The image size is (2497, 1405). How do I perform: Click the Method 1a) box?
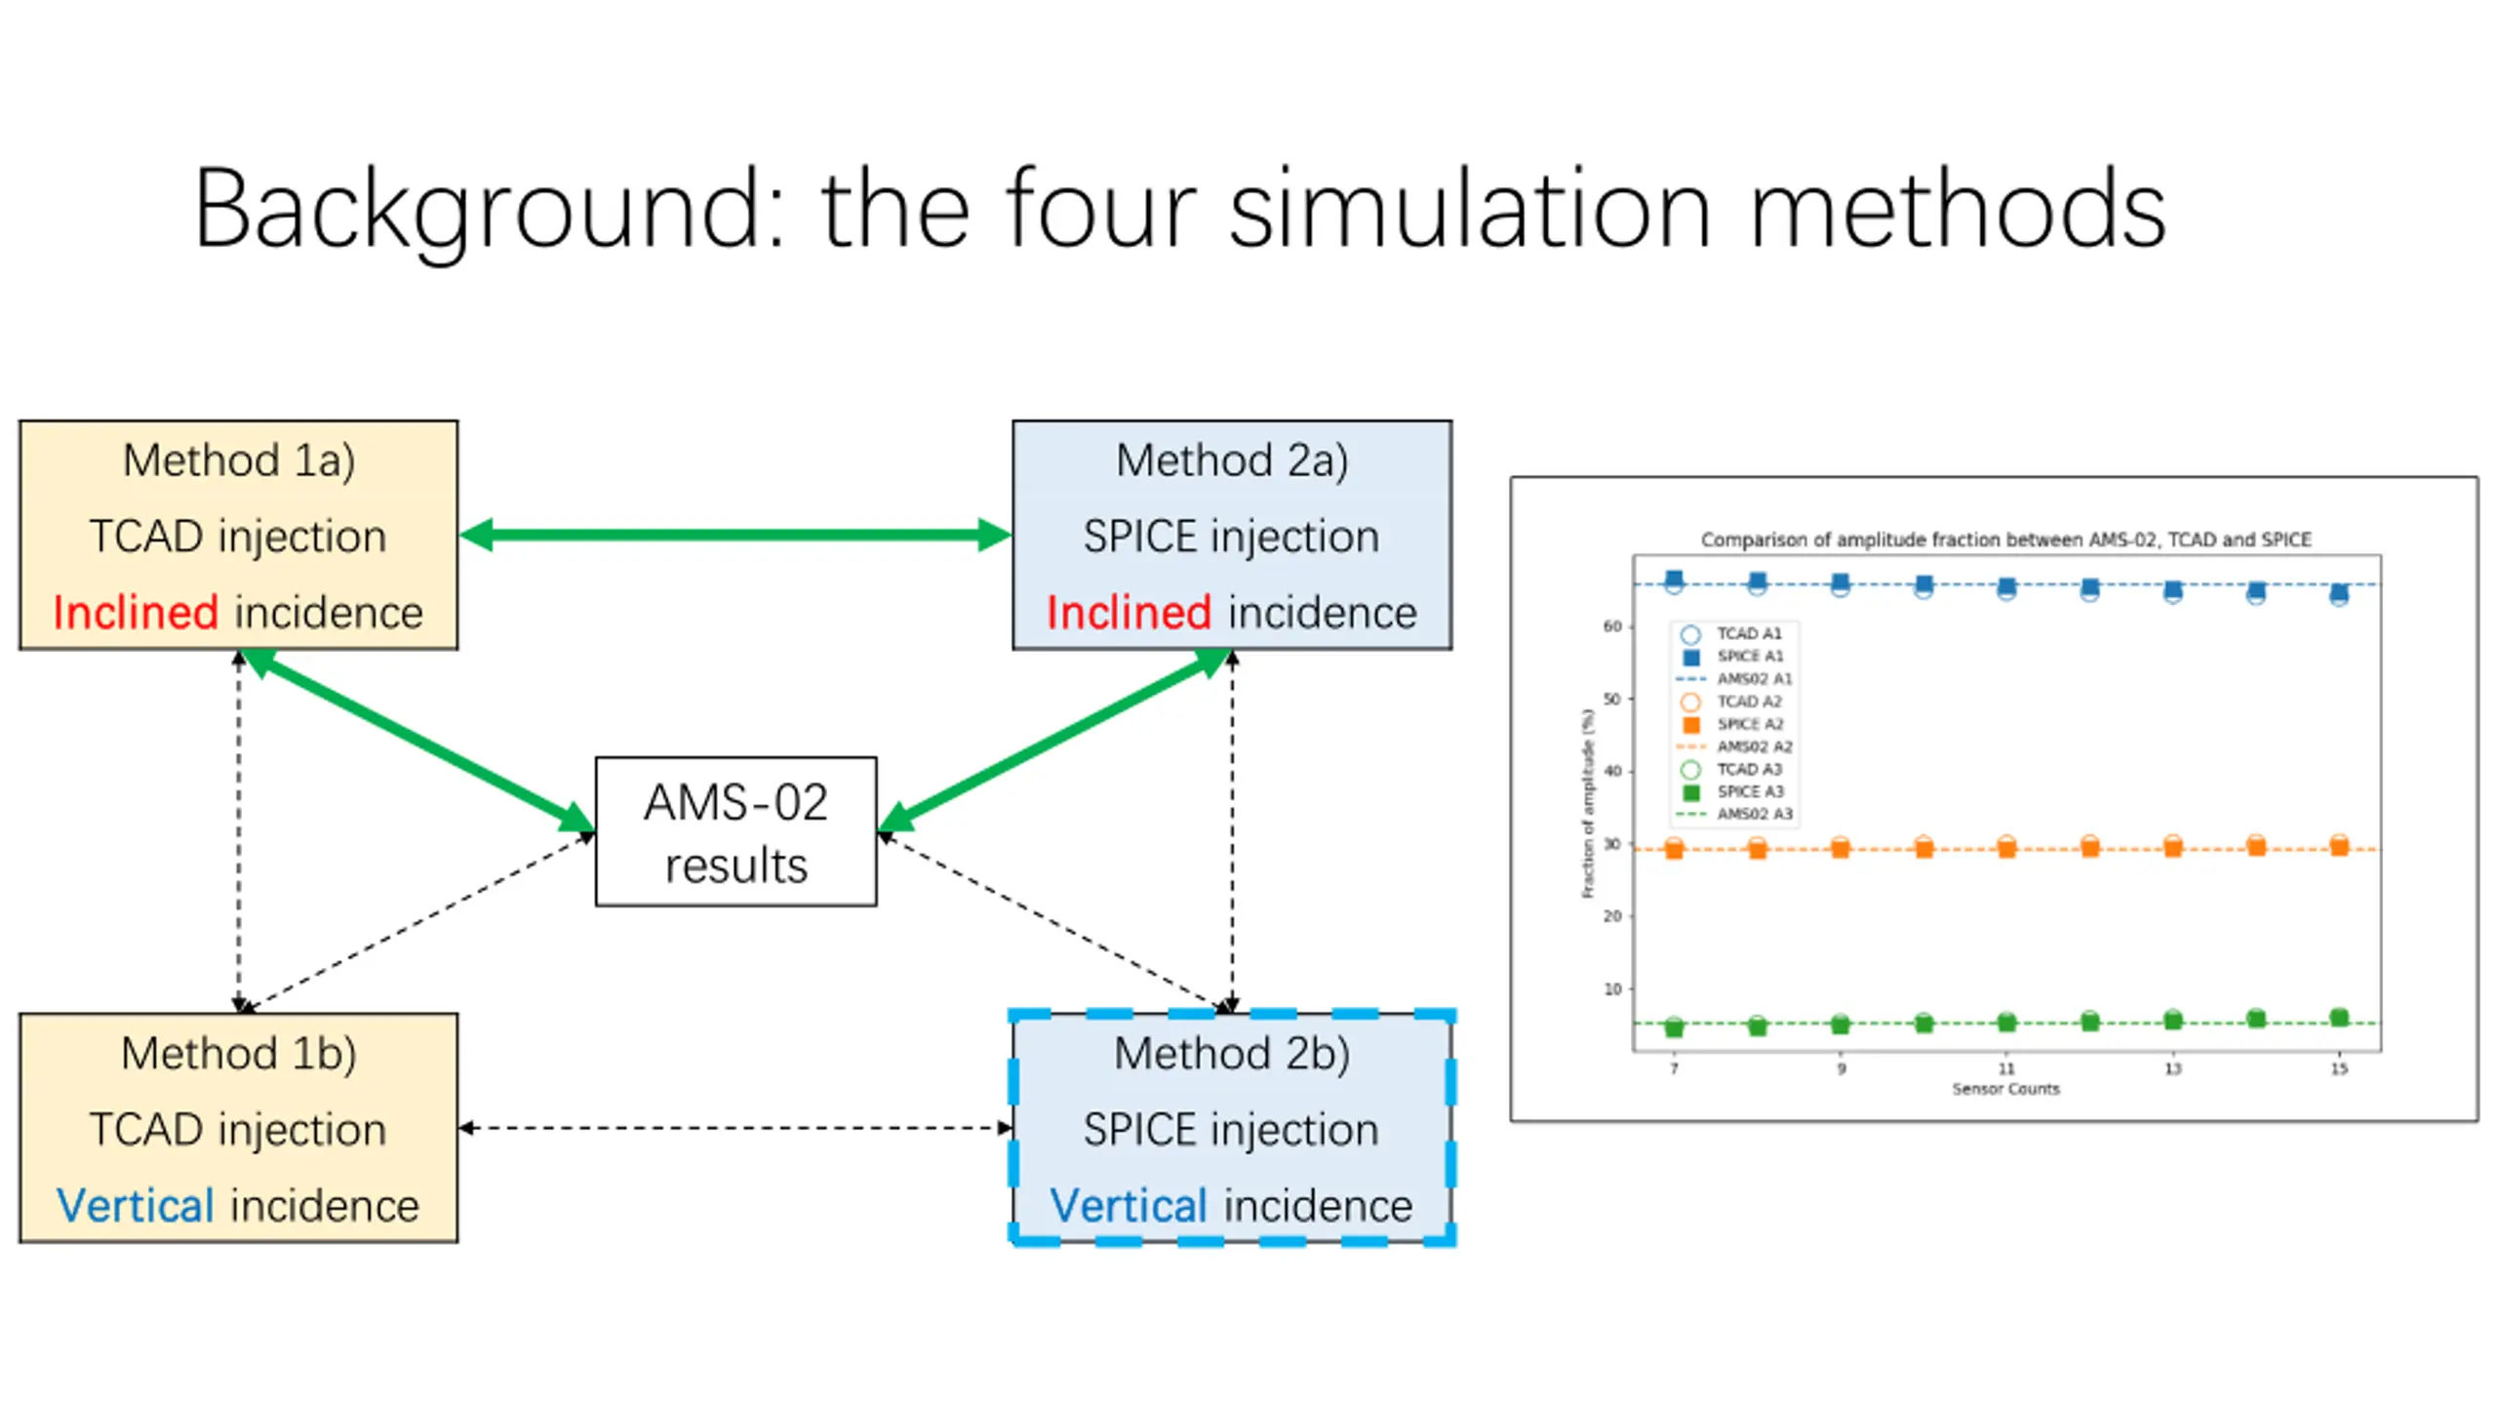pyautogui.click(x=238, y=535)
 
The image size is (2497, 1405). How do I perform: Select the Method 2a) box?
pyautogui.click(x=1232, y=535)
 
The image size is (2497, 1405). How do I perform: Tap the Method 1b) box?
pyautogui.click(x=238, y=1127)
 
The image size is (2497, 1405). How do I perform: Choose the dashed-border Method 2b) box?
pyautogui.click(x=1232, y=1128)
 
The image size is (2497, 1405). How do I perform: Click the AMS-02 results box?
pyautogui.click(x=735, y=831)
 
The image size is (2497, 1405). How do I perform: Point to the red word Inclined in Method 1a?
pyautogui.click(x=136, y=613)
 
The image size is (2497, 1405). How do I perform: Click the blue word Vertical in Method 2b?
pyautogui.click(x=1129, y=1206)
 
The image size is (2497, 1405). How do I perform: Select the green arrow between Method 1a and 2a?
pyautogui.click(x=735, y=535)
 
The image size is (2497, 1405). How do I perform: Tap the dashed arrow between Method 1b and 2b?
pyautogui.click(x=735, y=1128)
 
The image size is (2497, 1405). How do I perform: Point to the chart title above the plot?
pyautogui.click(x=2005, y=540)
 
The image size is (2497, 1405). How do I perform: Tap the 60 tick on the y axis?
pyautogui.click(x=1612, y=626)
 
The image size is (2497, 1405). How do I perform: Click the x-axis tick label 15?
pyautogui.click(x=2339, y=1069)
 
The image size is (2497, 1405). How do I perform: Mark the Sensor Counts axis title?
pyautogui.click(x=2005, y=1089)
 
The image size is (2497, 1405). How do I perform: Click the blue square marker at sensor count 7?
pyautogui.click(x=1674, y=580)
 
